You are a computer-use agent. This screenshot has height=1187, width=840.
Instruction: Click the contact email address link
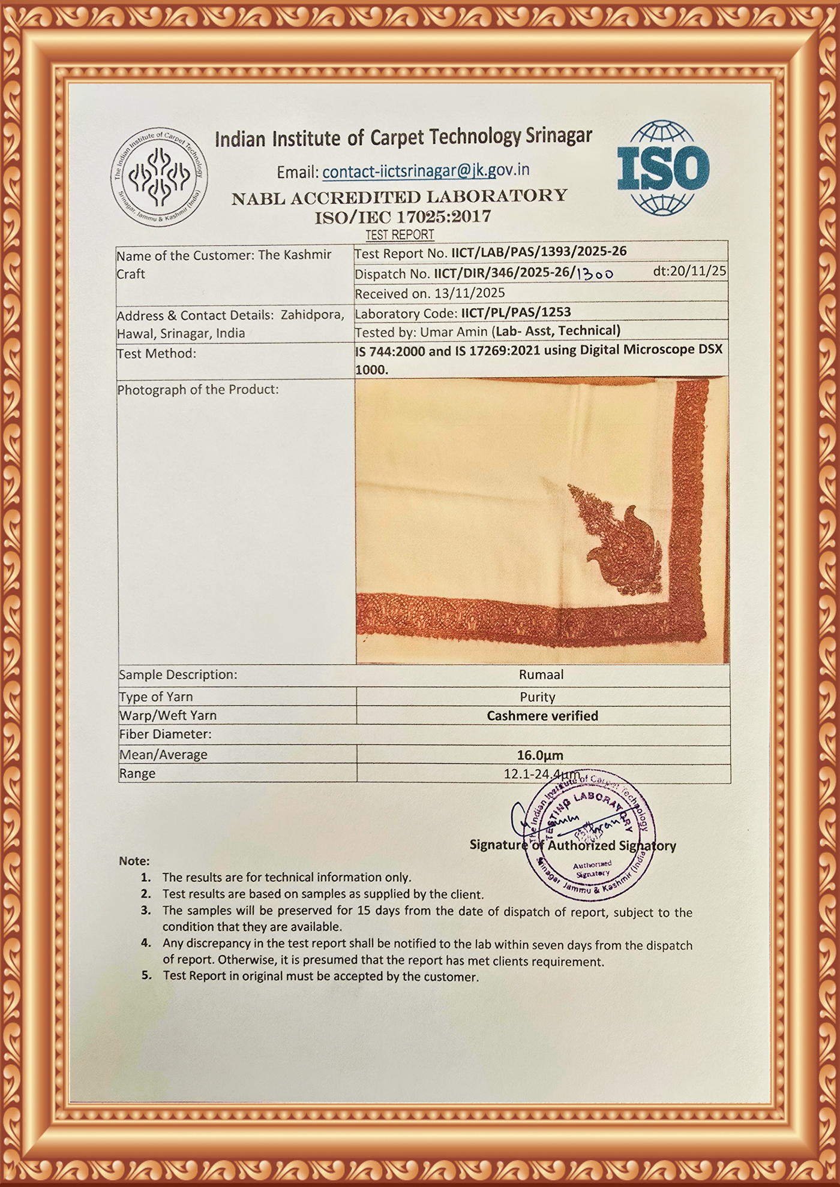pos(426,171)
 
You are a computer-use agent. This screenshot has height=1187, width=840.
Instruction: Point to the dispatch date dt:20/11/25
pos(689,271)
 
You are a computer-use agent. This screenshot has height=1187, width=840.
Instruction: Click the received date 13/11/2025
pos(467,293)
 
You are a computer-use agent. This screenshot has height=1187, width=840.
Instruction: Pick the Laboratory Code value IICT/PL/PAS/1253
pos(515,312)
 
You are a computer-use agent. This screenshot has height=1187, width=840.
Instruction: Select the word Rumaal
pos(541,674)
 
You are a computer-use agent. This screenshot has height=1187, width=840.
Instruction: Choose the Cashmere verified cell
pos(542,716)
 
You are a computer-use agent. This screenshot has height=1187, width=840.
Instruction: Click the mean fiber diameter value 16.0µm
pos(540,755)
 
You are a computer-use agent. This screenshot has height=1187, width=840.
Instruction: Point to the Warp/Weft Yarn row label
pos(168,716)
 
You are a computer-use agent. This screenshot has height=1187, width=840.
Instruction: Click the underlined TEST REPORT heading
pos(400,234)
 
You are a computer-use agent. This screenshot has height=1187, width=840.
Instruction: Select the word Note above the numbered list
pos(134,861)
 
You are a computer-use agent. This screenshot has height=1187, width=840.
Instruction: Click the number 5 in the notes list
pos(146,975)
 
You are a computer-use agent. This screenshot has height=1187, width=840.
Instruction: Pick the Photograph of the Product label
pos(198,390)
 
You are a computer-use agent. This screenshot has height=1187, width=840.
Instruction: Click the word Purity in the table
pos(538,697)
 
